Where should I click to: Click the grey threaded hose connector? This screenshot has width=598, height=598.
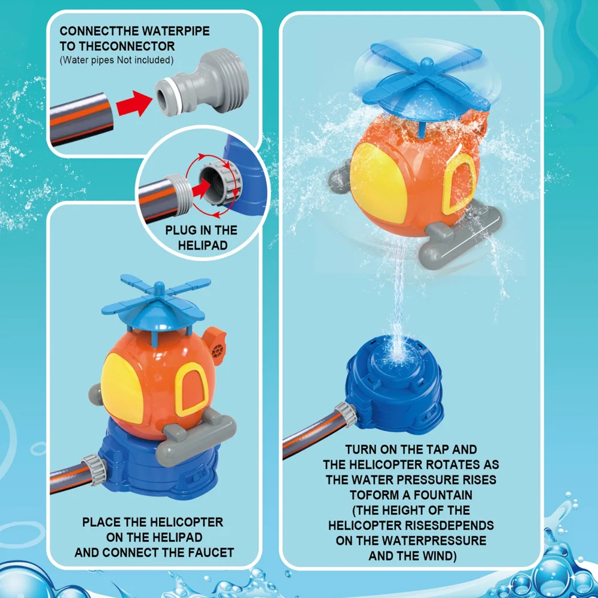[x=202, y=83]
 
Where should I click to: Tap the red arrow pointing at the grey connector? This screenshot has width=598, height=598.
[x=133, y=103]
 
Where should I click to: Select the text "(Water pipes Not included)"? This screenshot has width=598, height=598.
[x=117, y=60]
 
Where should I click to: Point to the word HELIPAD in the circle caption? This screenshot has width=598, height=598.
[x=203, y=245]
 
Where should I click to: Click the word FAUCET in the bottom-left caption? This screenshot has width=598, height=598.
[x=212, y=553]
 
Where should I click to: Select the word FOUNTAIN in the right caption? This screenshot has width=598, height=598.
[x=443, y=495]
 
